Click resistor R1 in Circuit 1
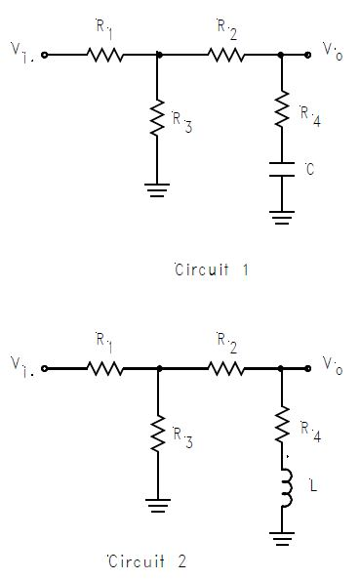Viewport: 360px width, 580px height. pyautogui.click(x=106, y=56)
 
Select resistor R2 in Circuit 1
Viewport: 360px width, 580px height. pyautogui.click(x=225, y=56)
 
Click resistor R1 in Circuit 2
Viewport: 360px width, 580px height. pyautogui.click(x=106, y=369)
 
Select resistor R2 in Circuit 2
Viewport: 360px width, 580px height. pyautogui.click(x=225, y=369)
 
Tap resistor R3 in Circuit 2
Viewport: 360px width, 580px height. pyautogui.click(x=158, y=432)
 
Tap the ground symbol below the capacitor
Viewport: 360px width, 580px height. pyautogui.click(x=281, y=217)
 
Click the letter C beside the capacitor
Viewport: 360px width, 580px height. pyautogui.click(x=309, y=171)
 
